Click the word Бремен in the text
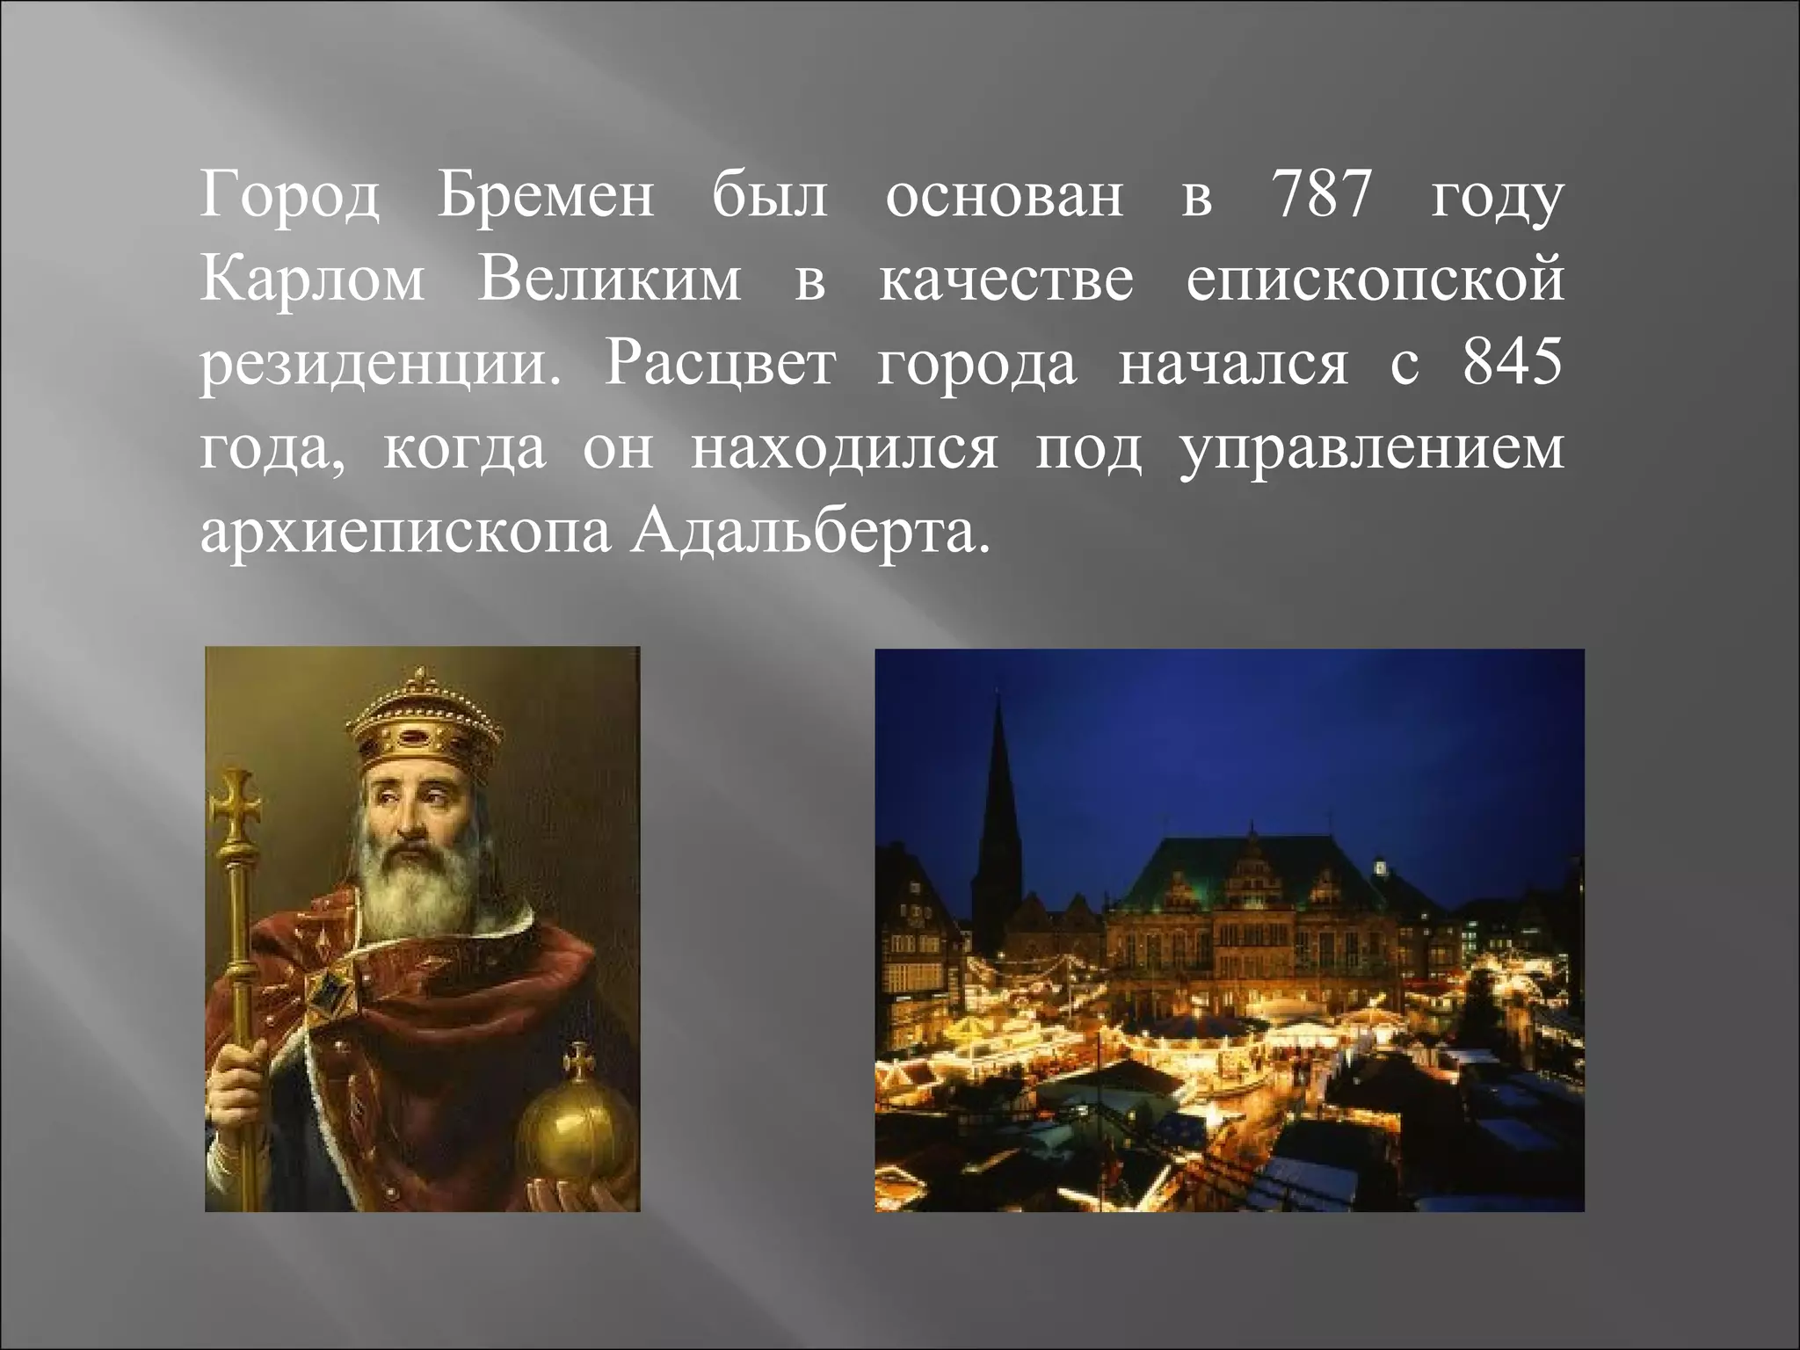pos(545,196)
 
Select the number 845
pos(1513,364)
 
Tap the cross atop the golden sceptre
pos(235,803)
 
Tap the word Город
pos(289,198)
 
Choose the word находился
pos(845,448)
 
